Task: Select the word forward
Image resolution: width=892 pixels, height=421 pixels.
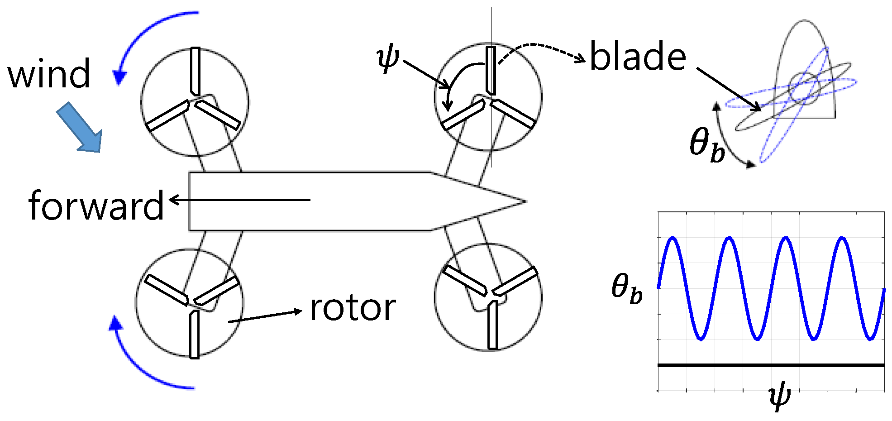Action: [96, 206]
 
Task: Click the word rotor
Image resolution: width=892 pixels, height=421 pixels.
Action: [353, 308]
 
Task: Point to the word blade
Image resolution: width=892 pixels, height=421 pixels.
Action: [638, 57]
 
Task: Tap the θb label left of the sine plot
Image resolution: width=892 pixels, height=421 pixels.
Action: [627, 288]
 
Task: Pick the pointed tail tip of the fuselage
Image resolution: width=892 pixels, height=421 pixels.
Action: [525, 201]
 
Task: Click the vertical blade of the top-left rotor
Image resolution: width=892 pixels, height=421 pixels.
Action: [195, 71]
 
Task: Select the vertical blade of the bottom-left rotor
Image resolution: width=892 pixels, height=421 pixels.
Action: [194, 334]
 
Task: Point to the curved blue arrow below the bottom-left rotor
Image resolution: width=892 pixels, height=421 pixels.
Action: [140, 367]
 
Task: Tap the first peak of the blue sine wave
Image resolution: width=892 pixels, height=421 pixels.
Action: [673, 238]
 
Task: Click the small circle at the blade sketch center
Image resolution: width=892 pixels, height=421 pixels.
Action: [804, 88]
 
